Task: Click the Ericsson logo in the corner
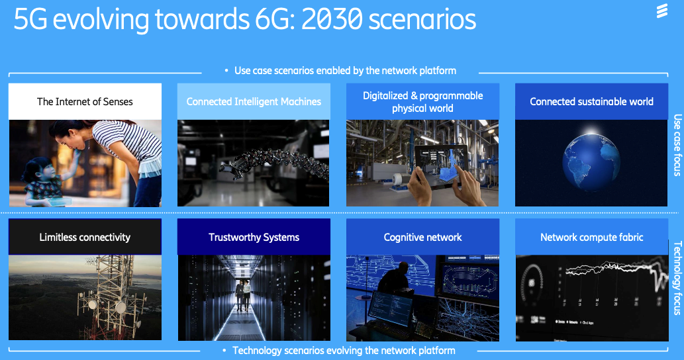pyautogui.click(x=661, y=11)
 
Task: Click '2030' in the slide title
pyautogui.click(x=332, y=19)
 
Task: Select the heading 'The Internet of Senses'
pyautogui.click(x=85, y=101)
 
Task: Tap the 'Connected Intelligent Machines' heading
pyautogui.click(x=254, y=101)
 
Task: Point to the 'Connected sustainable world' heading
pyautogui.click(x=591, y=101)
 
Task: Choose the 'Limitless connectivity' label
pyautogui.click(x=85, y=237)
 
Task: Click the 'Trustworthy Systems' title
pyautogui.click(x=254, y=237)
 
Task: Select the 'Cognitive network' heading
pyautogui.click(x=422, y=237)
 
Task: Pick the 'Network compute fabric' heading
pyautogui.click(x=591, y=237)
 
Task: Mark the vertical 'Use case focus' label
pyautogui.click(x=677, y=145)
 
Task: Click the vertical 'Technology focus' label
pyautogui.click(x=677, y=278)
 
